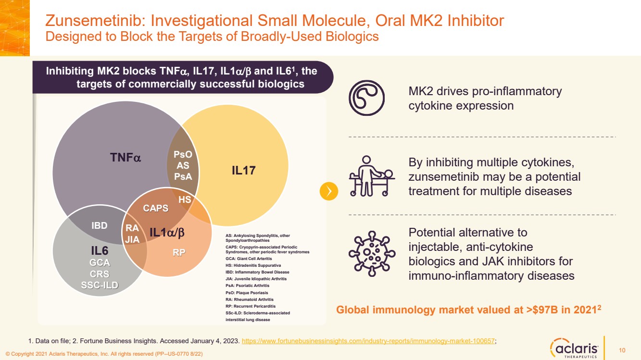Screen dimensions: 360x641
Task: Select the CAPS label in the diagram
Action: click(x=156, y=208)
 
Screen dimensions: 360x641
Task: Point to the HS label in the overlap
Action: click(x=185, y=199)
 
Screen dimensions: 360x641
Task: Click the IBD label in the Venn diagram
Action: click(x=100, y=225)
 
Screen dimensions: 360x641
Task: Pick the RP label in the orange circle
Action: click(x=179, y=252)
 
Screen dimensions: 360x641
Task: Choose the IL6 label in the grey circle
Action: click(x=100, y=250)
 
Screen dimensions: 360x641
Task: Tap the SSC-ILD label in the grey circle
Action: click(x=100, y=286)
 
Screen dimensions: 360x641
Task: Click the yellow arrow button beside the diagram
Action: click(x=329, y=191)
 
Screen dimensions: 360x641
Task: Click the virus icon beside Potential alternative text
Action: click(x=371, y=253)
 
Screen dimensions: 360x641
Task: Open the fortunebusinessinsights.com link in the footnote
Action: click(x=368, y=341)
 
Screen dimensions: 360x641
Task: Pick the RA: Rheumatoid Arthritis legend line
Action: click(x=249, y=299)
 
